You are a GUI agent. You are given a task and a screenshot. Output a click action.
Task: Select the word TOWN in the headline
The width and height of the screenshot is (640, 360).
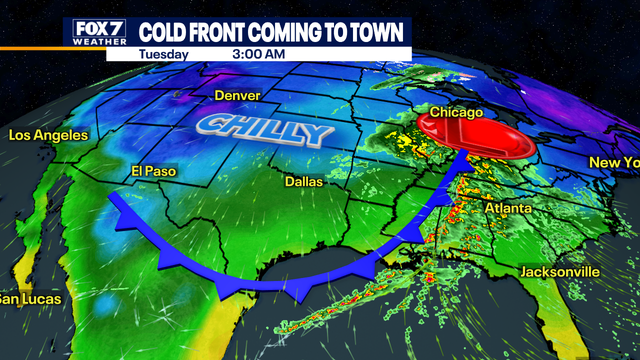[380, 32]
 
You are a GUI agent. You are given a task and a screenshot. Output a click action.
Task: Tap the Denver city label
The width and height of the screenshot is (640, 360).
[237, 96]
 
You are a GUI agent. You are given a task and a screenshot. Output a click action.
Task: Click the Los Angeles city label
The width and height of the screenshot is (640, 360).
[48, 135]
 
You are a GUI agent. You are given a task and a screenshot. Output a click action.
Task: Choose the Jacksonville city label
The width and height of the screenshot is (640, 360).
[560, 272]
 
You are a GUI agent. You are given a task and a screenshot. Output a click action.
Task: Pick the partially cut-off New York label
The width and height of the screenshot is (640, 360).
[612, 162]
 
